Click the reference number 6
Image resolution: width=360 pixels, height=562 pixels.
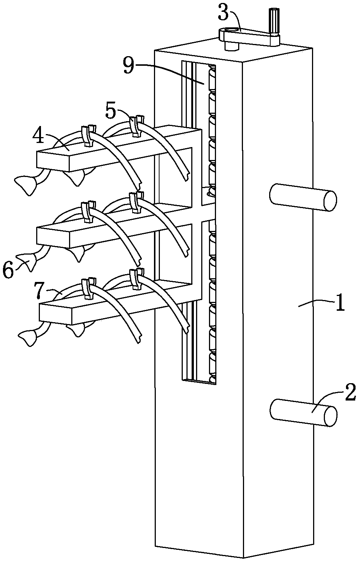click(8, 271)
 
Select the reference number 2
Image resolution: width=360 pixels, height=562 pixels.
click(349, 393)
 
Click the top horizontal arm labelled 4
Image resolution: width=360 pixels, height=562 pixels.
click(111, 148)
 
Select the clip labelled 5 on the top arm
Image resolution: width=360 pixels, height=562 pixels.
click(136, 126)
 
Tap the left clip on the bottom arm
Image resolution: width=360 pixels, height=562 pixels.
click(87, 288)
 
